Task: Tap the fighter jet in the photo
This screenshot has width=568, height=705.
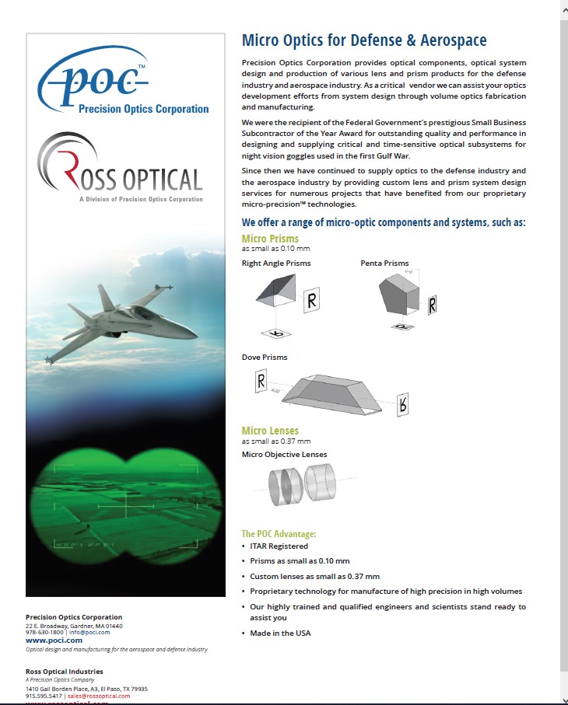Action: point(124,319)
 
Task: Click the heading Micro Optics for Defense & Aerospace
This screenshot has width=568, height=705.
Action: point(364,40)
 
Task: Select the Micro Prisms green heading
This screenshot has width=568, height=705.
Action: point(270,239)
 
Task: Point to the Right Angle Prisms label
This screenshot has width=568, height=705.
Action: point(276,264)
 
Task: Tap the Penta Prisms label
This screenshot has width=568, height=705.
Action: point(384,264)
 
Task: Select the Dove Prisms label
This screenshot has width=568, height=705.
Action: point(265,358)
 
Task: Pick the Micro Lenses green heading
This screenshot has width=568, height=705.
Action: point(270,431)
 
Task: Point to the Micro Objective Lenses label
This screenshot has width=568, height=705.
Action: point(285,454)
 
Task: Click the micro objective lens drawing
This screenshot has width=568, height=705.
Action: point(300,486)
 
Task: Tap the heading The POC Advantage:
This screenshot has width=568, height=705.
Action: point(279,534)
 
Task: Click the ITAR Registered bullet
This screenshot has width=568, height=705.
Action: point(279,546)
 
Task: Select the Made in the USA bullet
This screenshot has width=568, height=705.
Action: point(280,633)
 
